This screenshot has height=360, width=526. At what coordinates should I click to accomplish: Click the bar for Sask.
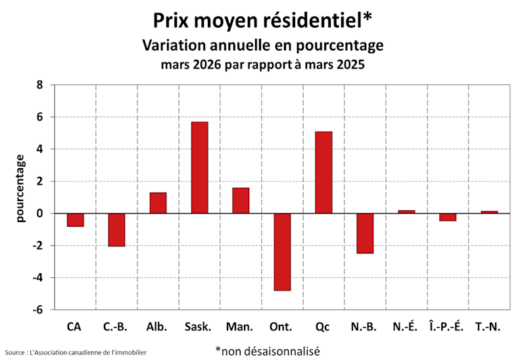[199, 168]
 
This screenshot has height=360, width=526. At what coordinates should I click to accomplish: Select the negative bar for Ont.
[282, 252]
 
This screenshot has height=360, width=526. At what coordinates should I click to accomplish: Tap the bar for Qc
[323, 172]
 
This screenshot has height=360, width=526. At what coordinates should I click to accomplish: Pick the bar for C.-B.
[116, 230]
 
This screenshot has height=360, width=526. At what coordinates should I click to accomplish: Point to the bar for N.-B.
[365, 233]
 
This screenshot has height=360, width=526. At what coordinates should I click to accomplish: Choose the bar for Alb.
[158, 203]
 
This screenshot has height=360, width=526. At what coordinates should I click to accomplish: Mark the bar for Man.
[241, 200]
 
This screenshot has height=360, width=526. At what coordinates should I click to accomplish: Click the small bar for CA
[75, 220]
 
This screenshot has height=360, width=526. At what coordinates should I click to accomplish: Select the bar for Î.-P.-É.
[448, 217]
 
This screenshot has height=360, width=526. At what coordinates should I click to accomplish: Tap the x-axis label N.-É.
[405, 326]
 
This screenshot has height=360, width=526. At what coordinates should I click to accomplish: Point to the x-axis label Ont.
[282, 326]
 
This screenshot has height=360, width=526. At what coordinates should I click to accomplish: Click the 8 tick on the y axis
[39, 85]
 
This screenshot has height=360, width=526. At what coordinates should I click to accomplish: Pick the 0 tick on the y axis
[39, 214]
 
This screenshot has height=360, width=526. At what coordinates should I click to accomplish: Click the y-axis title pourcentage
[20, 188]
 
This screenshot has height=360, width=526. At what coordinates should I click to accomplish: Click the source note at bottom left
[76, 353]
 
